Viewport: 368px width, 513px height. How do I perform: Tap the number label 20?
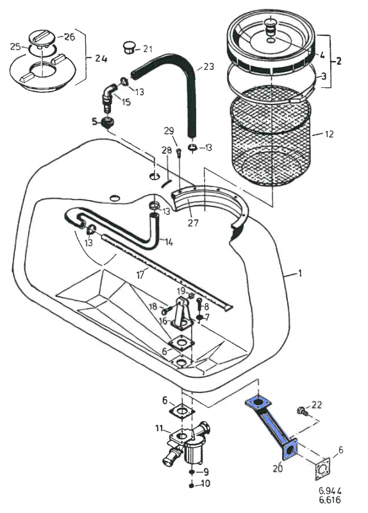[x=278, y=468]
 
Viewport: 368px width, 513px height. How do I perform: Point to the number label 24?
[x=100, y=58]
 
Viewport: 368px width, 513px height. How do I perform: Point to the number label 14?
[x=169, y=242]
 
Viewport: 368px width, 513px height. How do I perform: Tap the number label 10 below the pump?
[x=205, y=484]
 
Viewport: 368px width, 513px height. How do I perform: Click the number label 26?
[x=69, y=37]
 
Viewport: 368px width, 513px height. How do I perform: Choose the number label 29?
[x=169, y=131]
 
